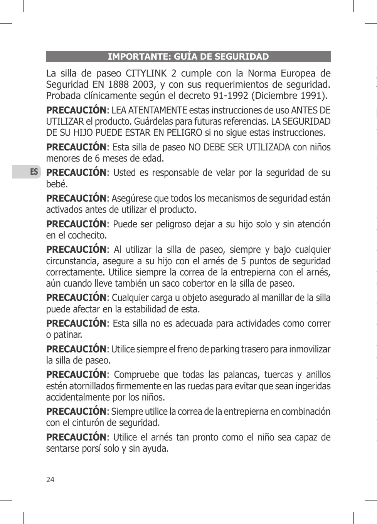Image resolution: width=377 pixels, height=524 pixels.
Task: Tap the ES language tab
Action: (x=34, y=172)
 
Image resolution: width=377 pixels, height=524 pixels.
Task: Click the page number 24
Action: (x=50, y=479)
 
